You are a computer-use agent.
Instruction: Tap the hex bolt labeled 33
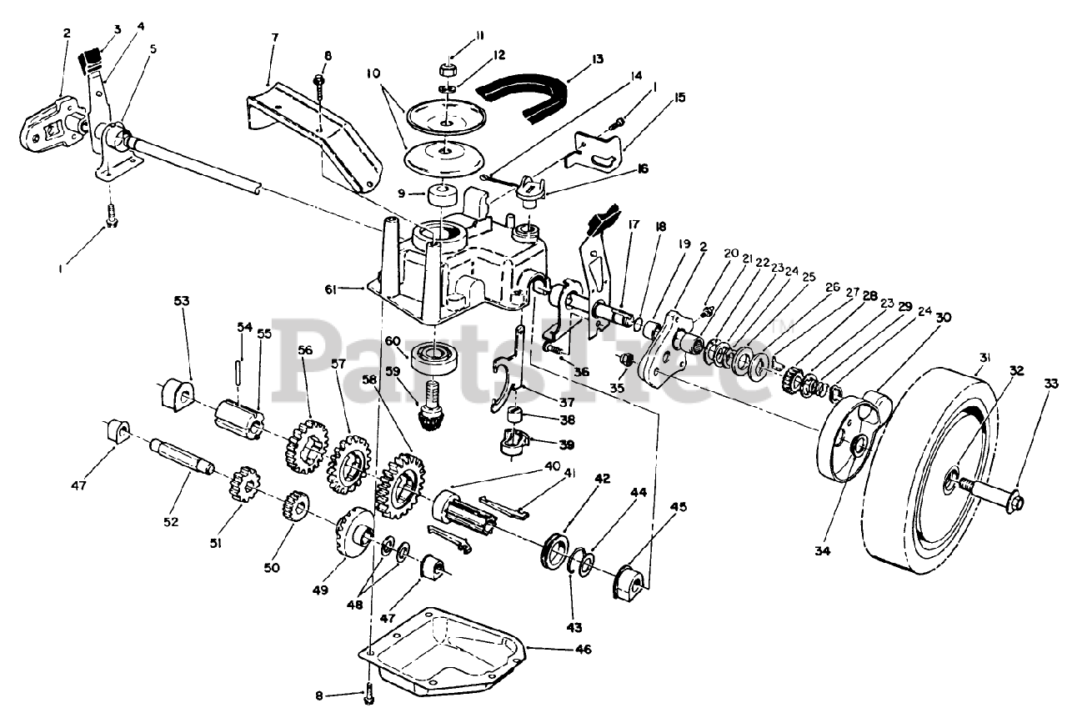[1010, 501]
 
